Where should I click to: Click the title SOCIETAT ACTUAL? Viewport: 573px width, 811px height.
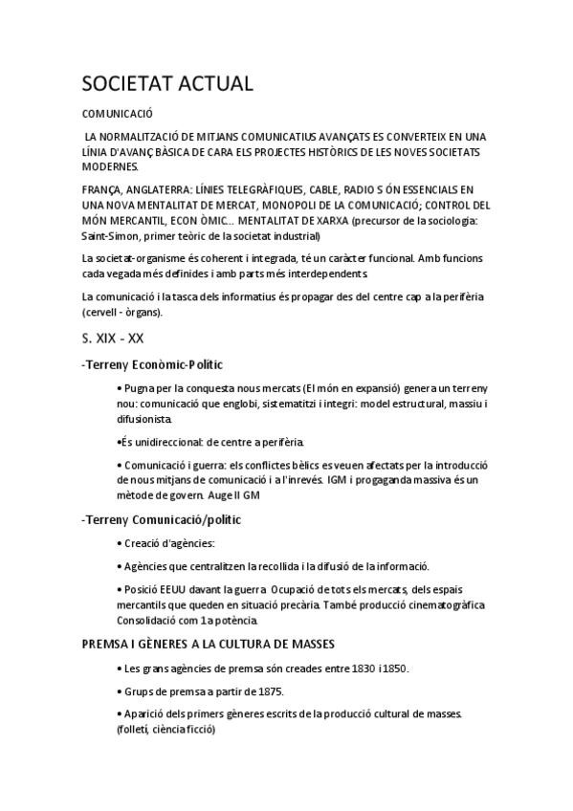click(167, 83)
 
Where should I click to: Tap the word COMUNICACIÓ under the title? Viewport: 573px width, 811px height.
click(119, 113)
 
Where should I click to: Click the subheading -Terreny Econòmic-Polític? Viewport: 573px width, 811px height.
click(153, 364)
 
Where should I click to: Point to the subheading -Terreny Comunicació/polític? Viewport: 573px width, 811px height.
click(162, 519)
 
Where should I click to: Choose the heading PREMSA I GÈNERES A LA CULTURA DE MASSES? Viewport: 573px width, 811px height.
click(208, 644)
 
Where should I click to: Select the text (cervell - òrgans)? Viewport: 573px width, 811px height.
click(123, 312)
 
